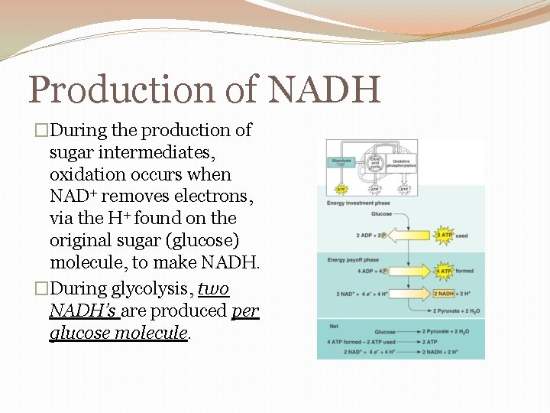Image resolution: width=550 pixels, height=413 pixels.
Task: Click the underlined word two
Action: point(213,288)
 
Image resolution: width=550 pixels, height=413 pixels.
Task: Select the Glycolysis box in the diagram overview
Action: point(341,163)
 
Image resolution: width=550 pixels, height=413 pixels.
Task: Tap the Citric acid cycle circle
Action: point(376,163)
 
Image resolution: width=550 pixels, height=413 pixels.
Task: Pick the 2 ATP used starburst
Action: point(444,236)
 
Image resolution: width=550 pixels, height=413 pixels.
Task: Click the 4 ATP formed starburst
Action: point(444,271)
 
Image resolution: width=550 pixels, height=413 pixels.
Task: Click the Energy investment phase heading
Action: point(358,203)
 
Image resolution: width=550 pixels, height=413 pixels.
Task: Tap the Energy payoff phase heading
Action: point(353,260)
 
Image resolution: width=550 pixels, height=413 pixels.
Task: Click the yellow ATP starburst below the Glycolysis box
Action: point(341,188)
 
